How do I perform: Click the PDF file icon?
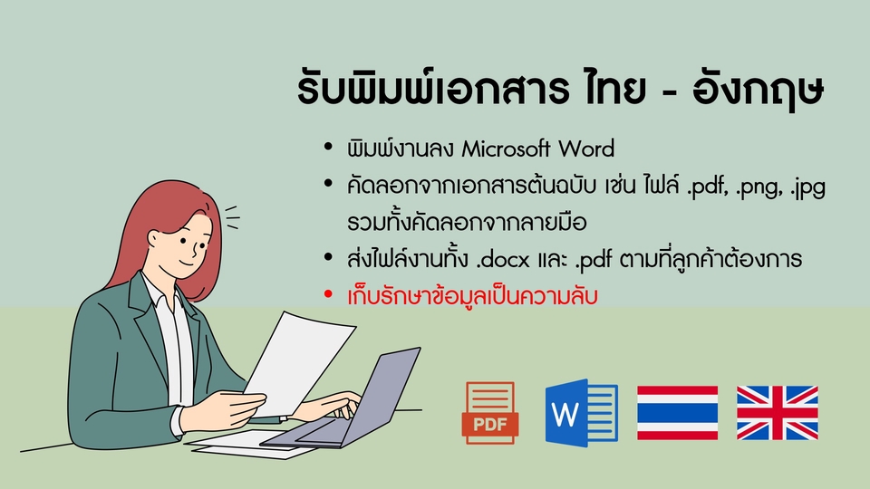coord(490,413)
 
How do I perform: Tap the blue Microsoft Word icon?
coord(582,413)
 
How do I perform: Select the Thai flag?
coord(678,413)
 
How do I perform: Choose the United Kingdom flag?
coord(778,413)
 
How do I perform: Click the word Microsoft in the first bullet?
coord(506,149)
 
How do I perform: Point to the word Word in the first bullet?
coord(586,149)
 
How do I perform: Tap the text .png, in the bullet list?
coord(759,187)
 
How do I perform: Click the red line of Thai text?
coord(472,296)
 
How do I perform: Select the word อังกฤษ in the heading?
coord(758,89)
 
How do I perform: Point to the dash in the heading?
coord(669,91)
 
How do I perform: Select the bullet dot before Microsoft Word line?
coord(328,147)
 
